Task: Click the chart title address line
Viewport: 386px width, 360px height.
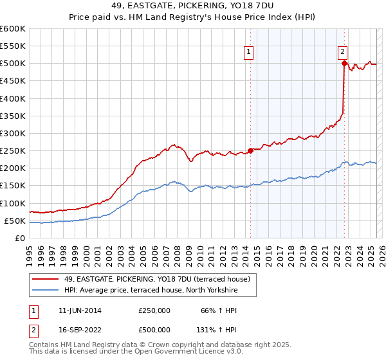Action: pos(193,6)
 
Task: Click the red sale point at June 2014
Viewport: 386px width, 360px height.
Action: pos(250,150)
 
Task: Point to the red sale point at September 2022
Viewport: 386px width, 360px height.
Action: pos(344,63)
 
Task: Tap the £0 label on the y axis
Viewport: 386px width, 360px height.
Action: pos(19,238)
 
